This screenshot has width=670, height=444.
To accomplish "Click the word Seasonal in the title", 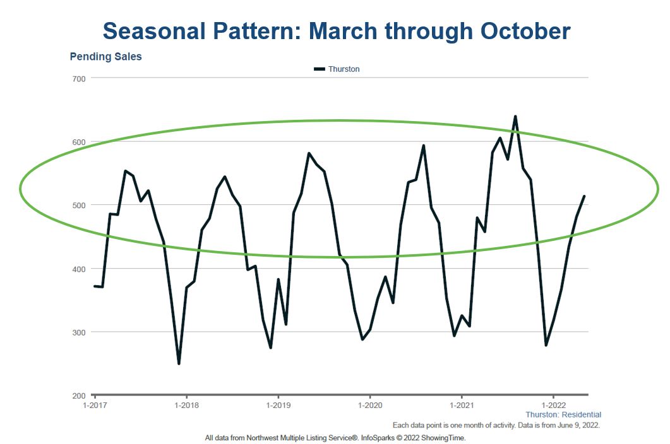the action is [x=154, y=31].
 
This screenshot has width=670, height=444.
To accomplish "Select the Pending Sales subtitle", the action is [x=105, y=57].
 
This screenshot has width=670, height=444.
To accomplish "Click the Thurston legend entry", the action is [x=337, y=69].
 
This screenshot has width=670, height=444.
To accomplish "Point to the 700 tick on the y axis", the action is [x=79, y=79].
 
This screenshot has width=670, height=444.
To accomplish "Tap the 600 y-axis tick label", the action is [x=79, y=142].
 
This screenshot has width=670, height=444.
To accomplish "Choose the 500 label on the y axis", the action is [x=79, y=206].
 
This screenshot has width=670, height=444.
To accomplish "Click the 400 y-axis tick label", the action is [x=79, y=269].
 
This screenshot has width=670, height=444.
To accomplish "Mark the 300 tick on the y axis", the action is [x=79, y=332].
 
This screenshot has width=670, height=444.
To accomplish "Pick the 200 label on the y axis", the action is [x=79, y=396].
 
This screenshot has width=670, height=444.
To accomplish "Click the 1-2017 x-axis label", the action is [x=95, y=405].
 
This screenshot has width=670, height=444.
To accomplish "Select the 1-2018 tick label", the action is [x=187, y=405].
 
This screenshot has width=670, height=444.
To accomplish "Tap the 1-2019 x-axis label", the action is [x=278, y=405].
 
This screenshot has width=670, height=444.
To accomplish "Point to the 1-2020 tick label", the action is [x=370, y=405].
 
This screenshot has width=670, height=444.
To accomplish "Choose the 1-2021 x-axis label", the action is [x=462, y=405].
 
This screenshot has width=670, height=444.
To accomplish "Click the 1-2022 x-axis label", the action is [x=554, y=405].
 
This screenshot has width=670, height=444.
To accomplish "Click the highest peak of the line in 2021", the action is [x=515, y=116].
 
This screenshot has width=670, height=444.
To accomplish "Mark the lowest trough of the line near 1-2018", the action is [x=179, y=364].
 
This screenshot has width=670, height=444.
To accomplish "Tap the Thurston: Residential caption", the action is [x=563, y=414].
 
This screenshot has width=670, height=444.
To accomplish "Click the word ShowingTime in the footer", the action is [x=443, y=438].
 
